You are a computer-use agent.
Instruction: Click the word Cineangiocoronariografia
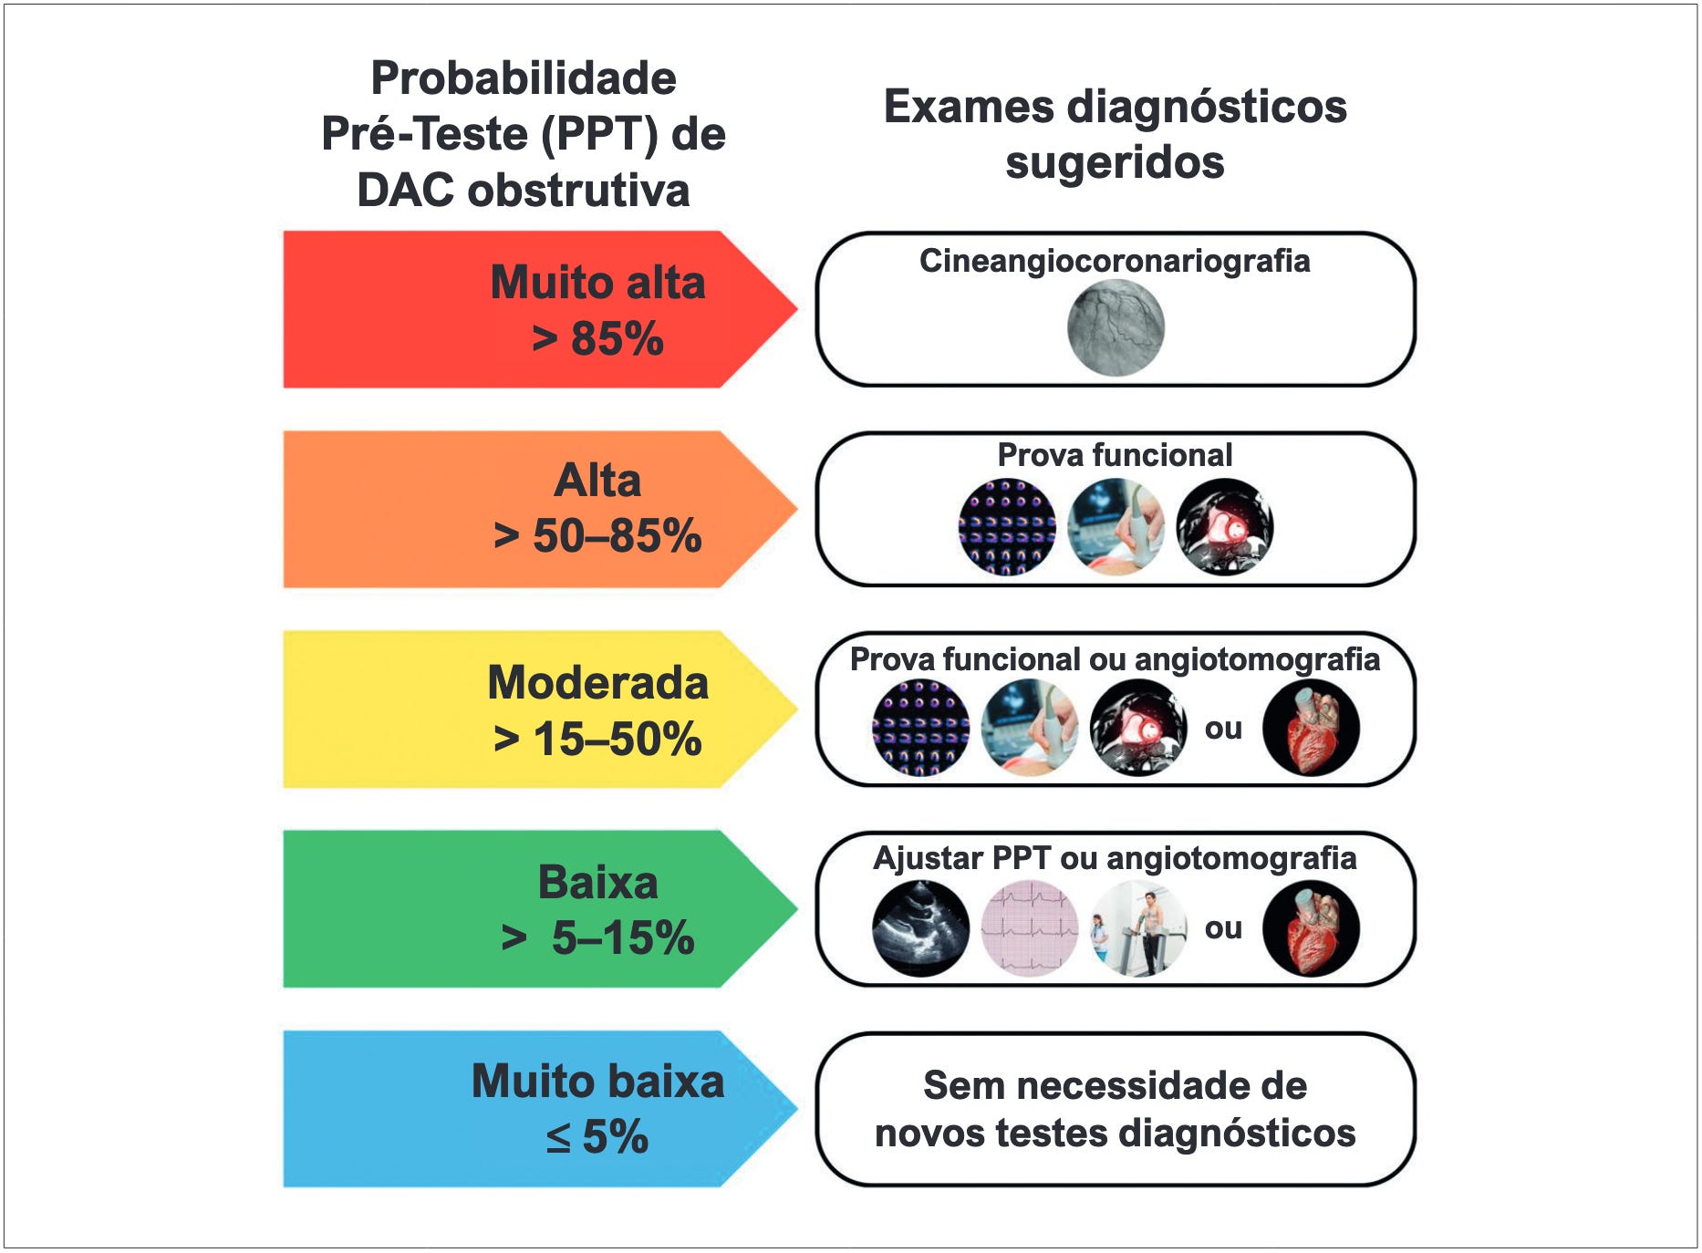1114,261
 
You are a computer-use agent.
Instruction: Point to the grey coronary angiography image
1116,328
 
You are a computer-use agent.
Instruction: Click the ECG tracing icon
1029,928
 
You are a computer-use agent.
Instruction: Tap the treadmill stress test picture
1138,928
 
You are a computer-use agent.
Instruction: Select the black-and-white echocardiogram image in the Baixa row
920,928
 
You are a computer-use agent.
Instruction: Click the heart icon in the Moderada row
1311,728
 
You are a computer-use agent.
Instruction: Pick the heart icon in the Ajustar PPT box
1311,928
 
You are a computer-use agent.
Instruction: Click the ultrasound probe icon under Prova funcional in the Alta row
1116,527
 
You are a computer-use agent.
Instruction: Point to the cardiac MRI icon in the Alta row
1224,527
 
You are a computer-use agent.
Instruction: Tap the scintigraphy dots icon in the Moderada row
920,728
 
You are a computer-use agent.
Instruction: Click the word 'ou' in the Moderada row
1223,728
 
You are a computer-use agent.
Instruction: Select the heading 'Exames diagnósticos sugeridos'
1115,134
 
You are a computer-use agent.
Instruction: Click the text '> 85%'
597,338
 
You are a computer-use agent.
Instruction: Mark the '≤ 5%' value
597,1136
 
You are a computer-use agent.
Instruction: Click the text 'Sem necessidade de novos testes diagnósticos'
1115,1109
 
